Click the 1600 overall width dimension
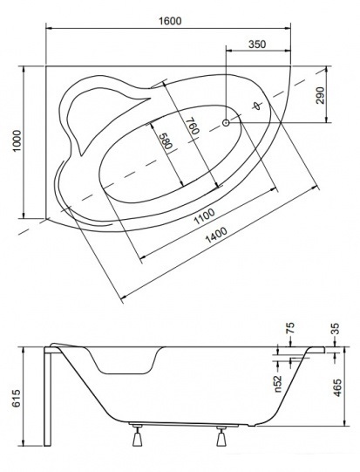click(x=170, y=21)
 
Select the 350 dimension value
click(x=257, y=44)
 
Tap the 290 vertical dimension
click(x=321, y=95)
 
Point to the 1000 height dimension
click(x=17, y=141)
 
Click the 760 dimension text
click(x=194, y=126)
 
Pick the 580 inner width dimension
click(x=165, y=140)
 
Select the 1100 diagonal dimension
click(x=205, y=216)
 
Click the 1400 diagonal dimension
click(x=216, y=235)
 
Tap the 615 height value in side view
click(x=17, y=398)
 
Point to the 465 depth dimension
click(x=337, y=387)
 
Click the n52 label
click(x=278, y=384)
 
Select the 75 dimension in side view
click(x=290, y=328)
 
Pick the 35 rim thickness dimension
click(x=335, y=328)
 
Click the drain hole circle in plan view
click(x=226, y=122)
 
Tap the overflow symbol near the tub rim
click(x=256, y=106)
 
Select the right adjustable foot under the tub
click(x=221, y=436)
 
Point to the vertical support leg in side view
click(x=48, y=396)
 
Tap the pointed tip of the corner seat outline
click(x=150, y=98)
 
